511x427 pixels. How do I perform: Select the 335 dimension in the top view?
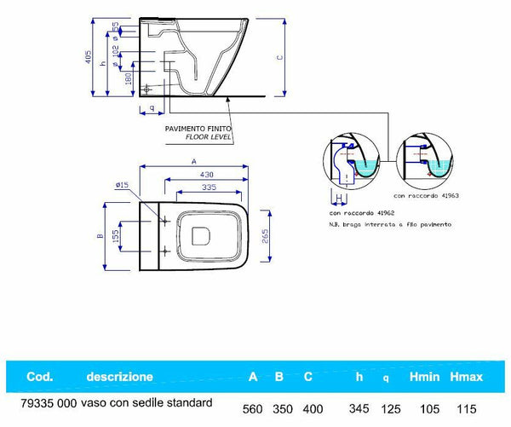tap(204, 187)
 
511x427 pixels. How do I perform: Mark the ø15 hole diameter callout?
tap(119, 184)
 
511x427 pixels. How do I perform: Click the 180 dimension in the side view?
tap(128, 78)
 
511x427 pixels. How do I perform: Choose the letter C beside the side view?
tap(280, 58)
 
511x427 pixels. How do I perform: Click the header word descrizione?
tap(120, 376)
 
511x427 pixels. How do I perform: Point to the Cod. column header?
tap(41, 376)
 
